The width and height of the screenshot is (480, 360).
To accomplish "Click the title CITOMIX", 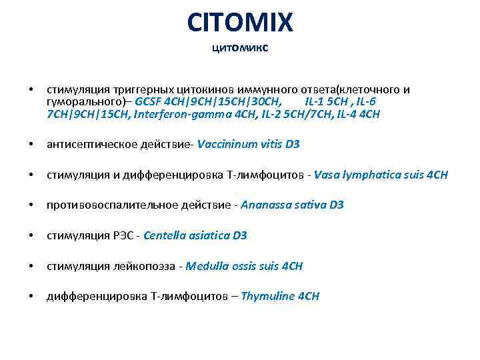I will [x=240, y=23].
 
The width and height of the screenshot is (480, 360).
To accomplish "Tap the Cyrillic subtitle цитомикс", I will [x=240, y=48].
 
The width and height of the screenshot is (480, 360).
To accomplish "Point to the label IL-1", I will [x=315, y=101].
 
